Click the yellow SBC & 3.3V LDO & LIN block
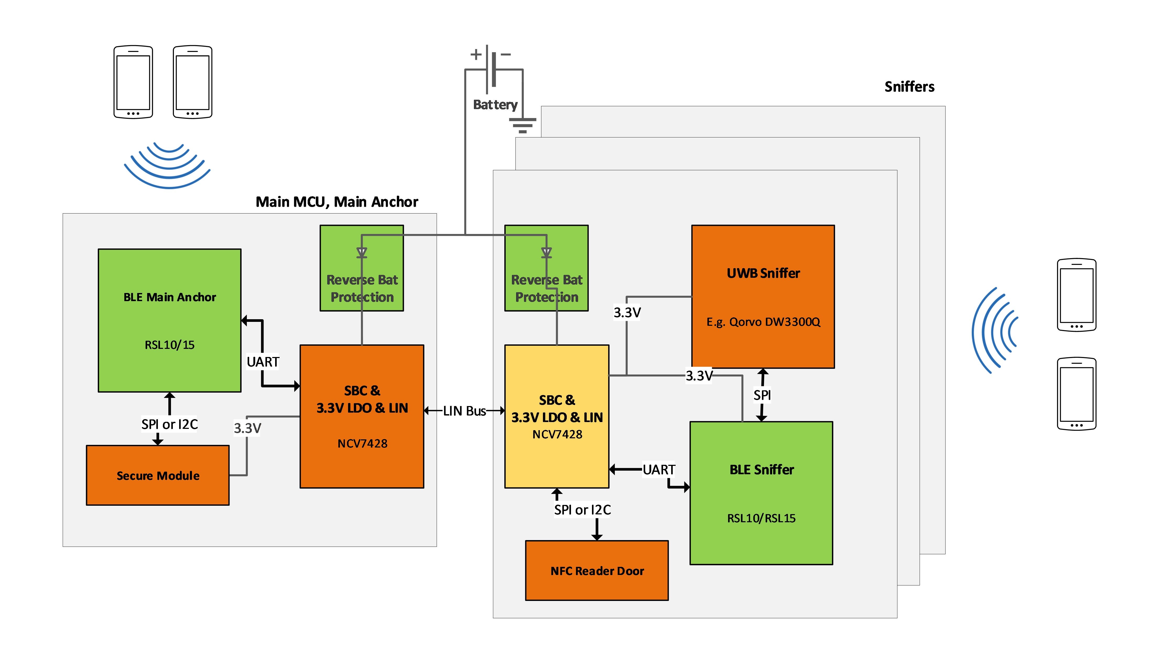[x=557, y=416]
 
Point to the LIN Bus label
[x=464, y=411]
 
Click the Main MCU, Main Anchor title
[x=337, y=202]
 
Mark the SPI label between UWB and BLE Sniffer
[x=762, y=395]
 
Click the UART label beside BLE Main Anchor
[x=263, y=362]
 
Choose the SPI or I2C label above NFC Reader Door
[x=582, y=510]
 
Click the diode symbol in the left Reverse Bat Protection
[x=362, y=252]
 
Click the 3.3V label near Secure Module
[x=247, y=428]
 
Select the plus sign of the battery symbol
[x=476, y=54]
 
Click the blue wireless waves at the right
[x=994, y=330]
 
